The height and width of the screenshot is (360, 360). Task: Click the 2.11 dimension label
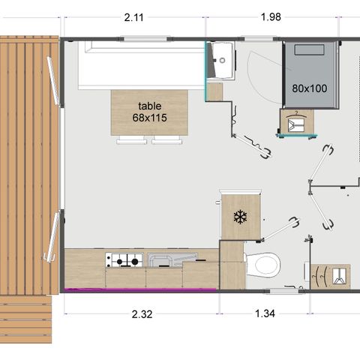tap(133, 17)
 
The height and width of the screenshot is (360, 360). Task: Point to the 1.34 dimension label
tap(263, 314)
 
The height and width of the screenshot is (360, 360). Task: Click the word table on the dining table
tap(149, 106)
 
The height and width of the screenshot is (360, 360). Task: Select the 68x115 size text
tap(149, 118)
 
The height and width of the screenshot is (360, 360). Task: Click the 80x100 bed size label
tap(309, 88)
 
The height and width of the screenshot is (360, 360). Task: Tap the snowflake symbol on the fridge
tap(240, 217)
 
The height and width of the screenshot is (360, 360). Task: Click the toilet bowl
tap(262, 263)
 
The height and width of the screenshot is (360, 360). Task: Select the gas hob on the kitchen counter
tap(124, 261)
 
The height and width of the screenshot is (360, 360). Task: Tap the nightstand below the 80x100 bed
tap(295, 123)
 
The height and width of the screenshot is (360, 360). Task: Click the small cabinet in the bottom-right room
tap(330, 275)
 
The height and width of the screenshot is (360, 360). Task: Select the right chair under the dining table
tap(166, 139)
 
